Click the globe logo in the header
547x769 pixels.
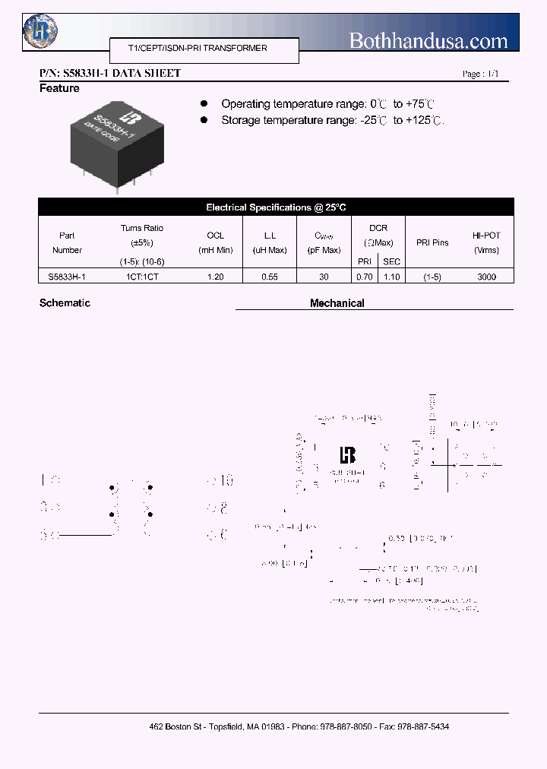(40, 30)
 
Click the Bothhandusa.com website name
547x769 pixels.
(428, 40)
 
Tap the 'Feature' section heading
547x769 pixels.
(59, 89)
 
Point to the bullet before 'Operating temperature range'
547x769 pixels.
(204, 103)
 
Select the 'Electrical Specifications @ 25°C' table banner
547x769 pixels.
(276, 207)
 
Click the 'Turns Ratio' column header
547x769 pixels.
(141, 228)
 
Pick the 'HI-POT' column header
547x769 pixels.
(486, 236)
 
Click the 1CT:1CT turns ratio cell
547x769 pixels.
(142, 277)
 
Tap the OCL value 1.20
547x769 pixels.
(215, 277)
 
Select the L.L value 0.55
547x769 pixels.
(270, 277)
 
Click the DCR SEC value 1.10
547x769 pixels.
(391, 277)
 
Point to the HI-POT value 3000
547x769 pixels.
(486, 277)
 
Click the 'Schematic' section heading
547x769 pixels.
(65, 303)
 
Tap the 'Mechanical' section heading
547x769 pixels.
(337, 303)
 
